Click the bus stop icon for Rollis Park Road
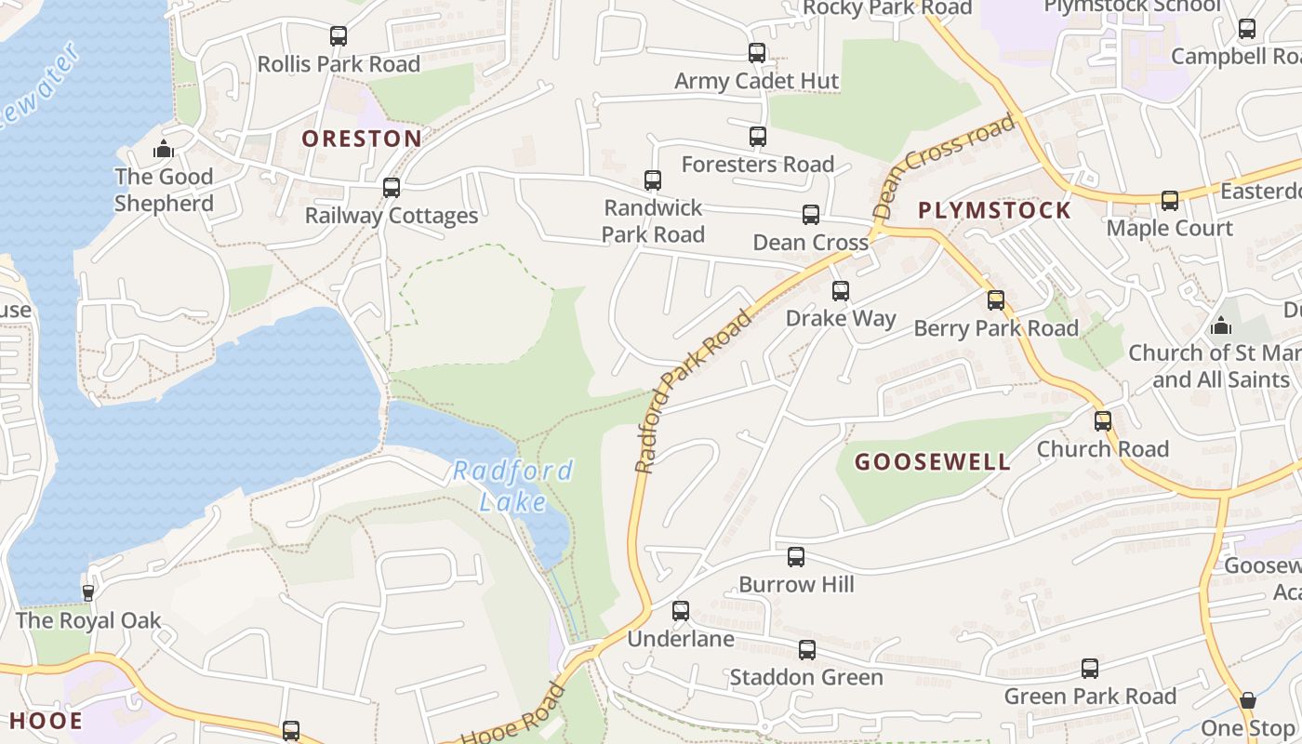[x=339, y=36]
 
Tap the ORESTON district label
[x=362, y=139]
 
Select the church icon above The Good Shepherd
[x=164, y=149]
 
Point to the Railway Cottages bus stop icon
[x=392, y=188]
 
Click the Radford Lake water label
[x=512, y=485]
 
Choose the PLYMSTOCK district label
[x=994, y=210]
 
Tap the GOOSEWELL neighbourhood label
[x=932, y=462]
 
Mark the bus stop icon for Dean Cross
[x=811, y=215]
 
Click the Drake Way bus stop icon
[x=841, y=291]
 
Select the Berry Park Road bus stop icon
[x=996, y=300]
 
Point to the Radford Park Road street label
[x=693, y=392]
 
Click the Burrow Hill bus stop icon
[x=796, y=557]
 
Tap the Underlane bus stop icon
[x=681, y=611]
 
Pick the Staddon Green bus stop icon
[x=807, y=650]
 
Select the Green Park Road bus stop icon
[x=1090, y=669]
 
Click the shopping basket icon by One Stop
[x=1248, y=700]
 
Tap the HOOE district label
[x=46, y=721]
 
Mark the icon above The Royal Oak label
[x=88, y=592]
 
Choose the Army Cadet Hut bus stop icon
[x=757, y=53]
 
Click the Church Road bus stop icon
[x=1103, y=421]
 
